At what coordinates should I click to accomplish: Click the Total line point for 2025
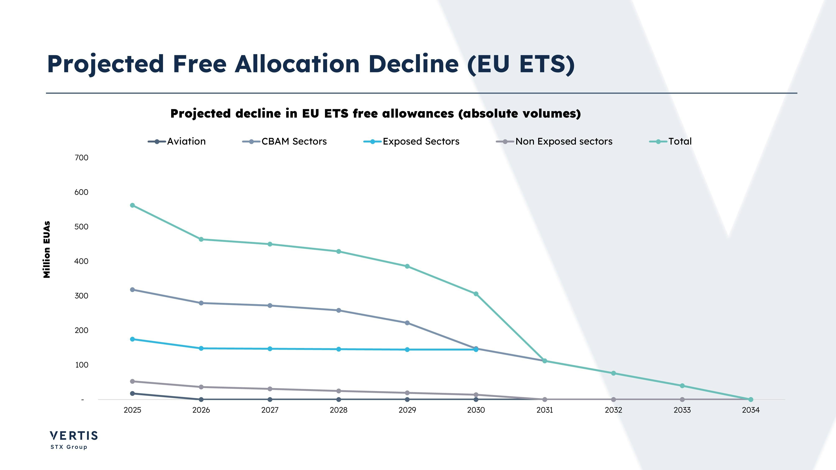point(133,205)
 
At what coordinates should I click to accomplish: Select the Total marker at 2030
point(476,294)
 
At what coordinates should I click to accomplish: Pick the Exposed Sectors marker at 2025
point(133,339)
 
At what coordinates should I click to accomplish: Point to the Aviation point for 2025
point(133,394)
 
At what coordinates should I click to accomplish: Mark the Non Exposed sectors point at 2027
point(270,389)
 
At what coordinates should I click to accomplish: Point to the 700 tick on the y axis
point(82,158)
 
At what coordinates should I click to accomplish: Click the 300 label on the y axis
point(82,296)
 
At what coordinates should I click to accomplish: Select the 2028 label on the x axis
point(339,410)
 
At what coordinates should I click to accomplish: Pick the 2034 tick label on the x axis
point(751,410)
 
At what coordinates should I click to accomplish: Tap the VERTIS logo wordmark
point(74,435)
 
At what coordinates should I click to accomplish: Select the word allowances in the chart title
point(418,113)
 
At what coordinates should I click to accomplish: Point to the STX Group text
point(69,447)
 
